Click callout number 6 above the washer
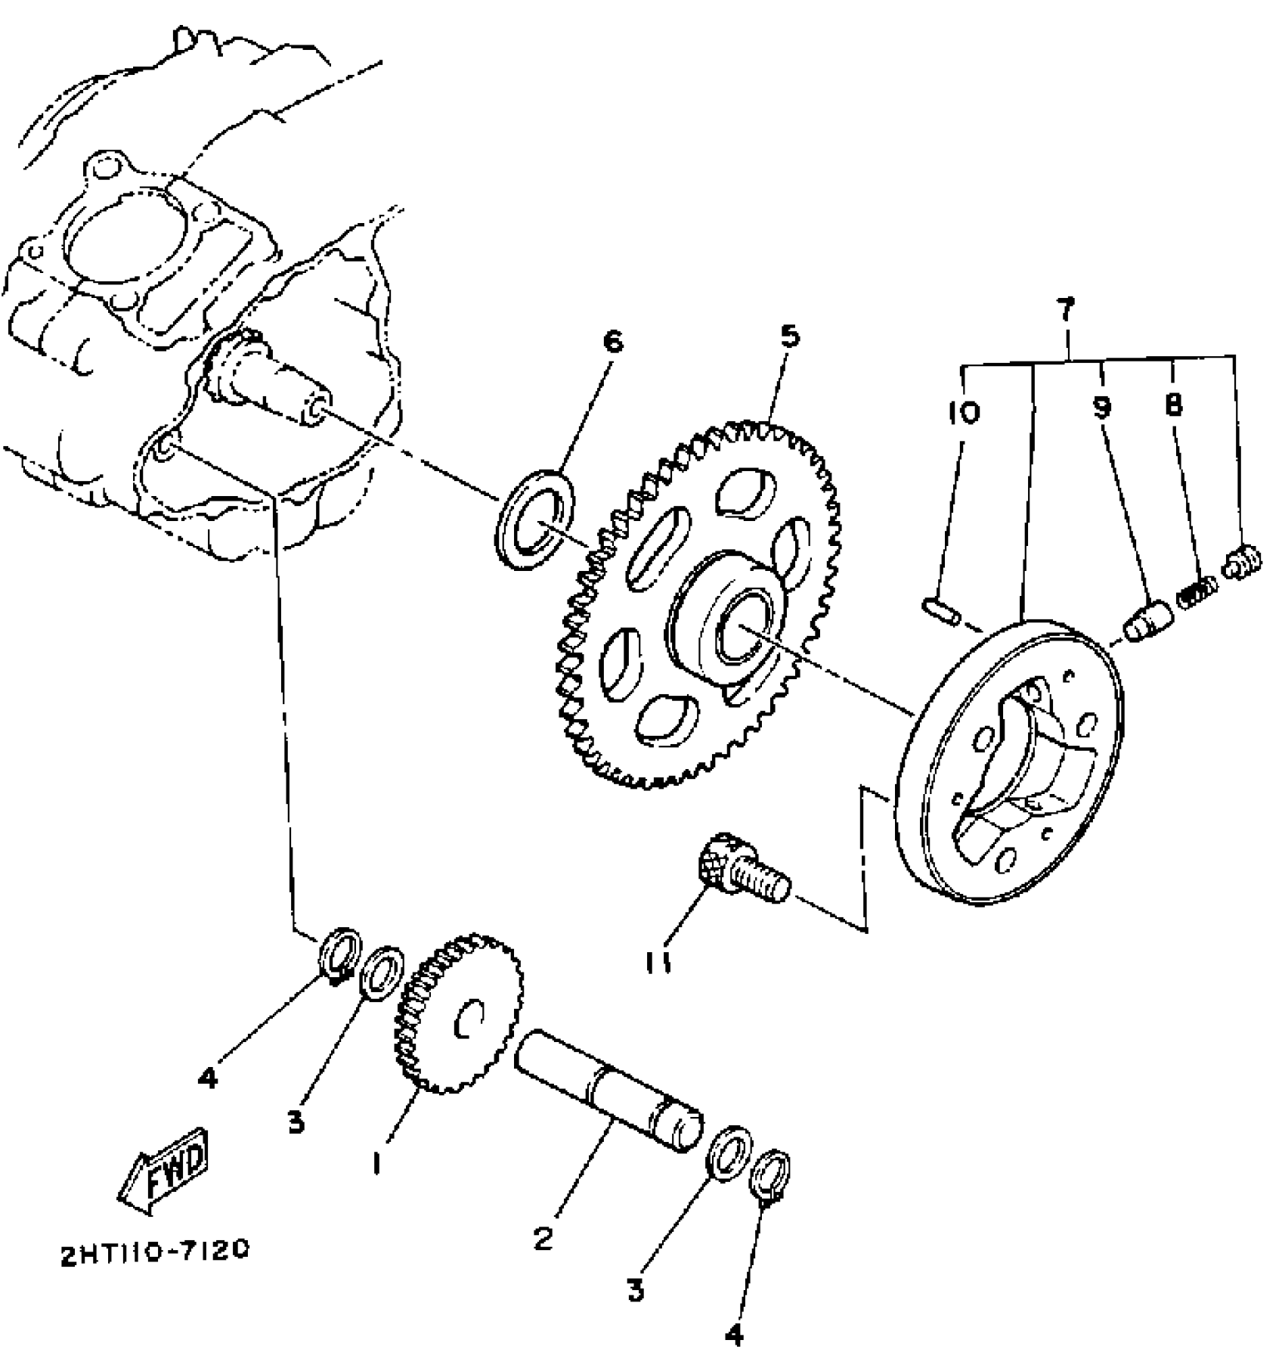point(613,342)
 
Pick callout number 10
point(962,412)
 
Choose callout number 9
point(1102,408)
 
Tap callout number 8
point(1172,406)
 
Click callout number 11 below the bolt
point(658,964)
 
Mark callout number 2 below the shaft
point(543,1238)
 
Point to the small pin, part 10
point(941,611)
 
